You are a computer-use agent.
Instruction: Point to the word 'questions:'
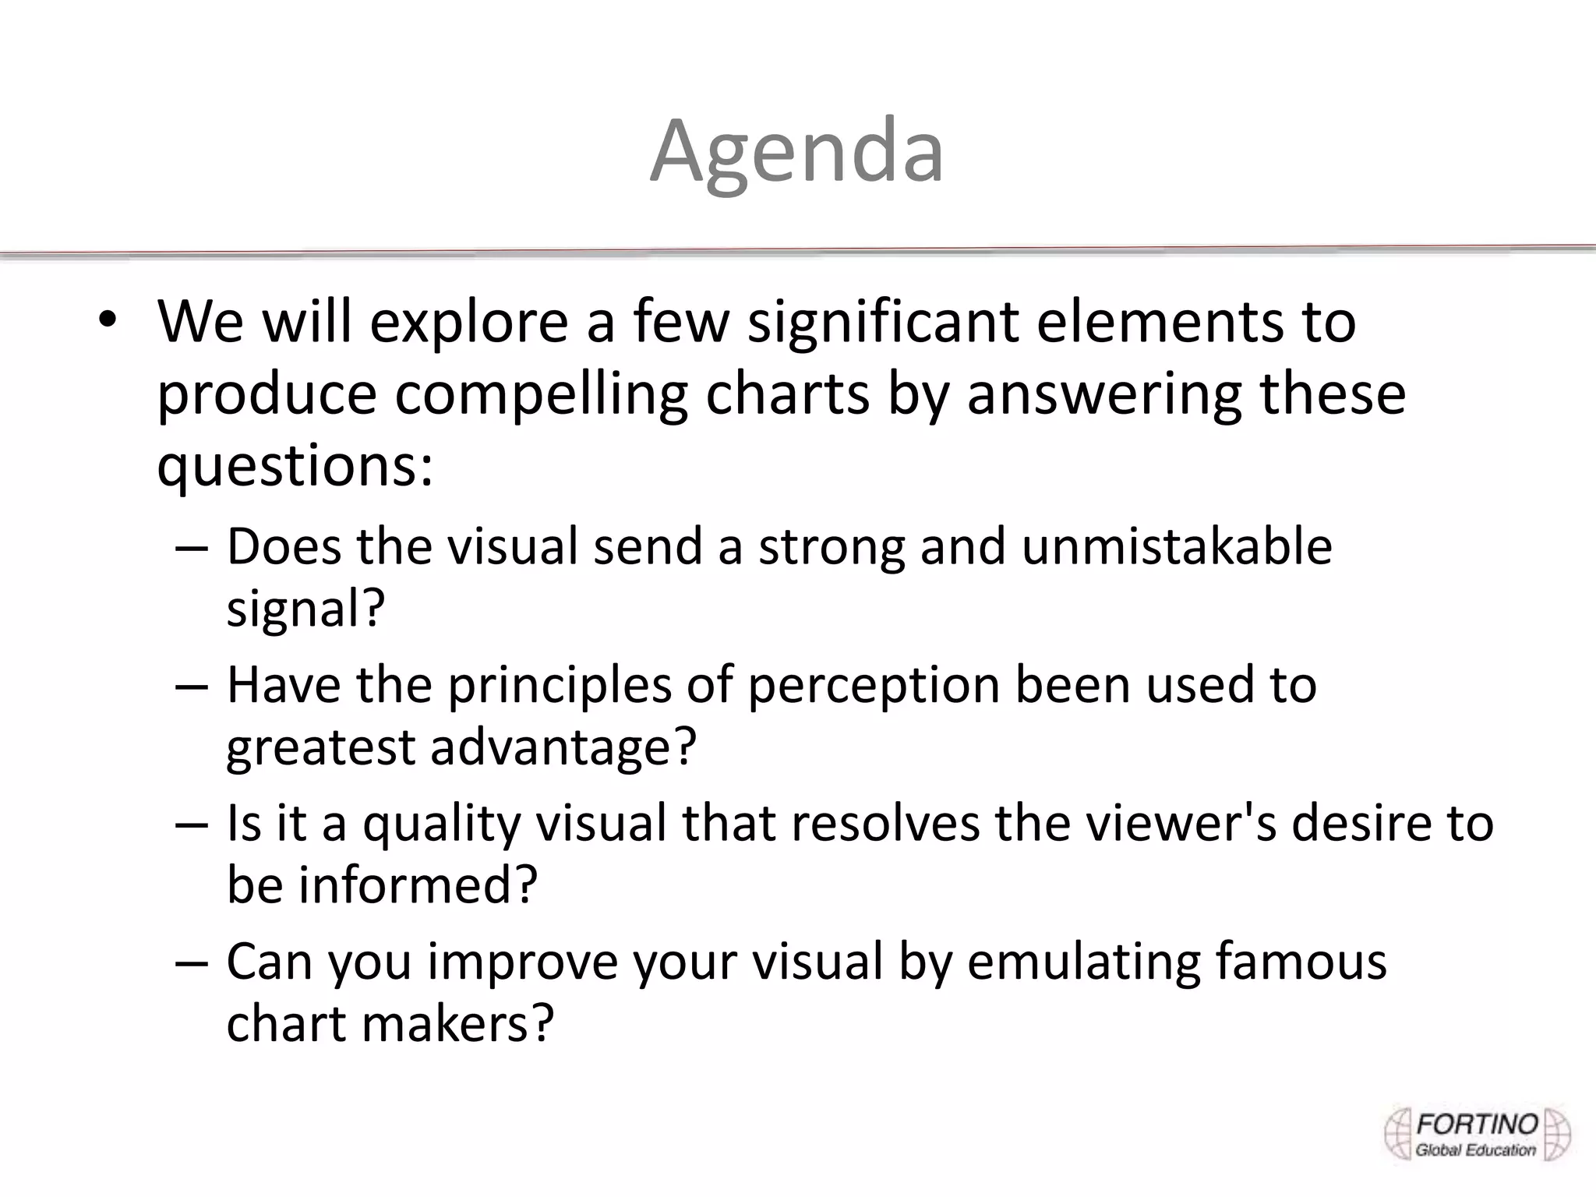tap(295, 466)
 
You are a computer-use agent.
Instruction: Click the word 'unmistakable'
tap(1177, 546)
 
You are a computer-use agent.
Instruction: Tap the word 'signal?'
tap(305, 608)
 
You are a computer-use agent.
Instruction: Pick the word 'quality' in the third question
tap(440, 823)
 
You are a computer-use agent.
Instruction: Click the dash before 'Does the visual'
tap(192, 547)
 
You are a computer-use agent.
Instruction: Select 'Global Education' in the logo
tap(1475, 1150)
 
